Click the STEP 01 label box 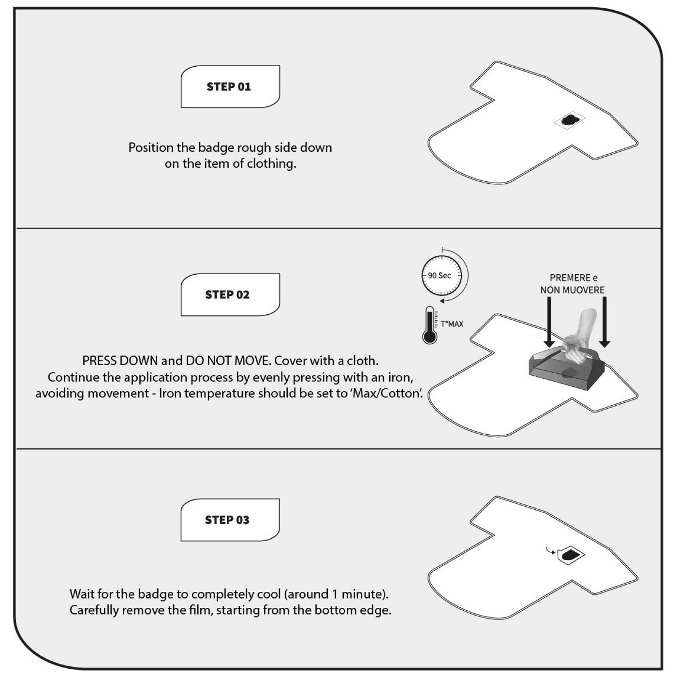230,87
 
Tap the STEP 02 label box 230,294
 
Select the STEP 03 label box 230,520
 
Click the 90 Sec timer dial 441,276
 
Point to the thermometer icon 429,325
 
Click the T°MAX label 452,324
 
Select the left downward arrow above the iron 549,322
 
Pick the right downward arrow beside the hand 604,322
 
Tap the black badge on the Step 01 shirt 570,119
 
